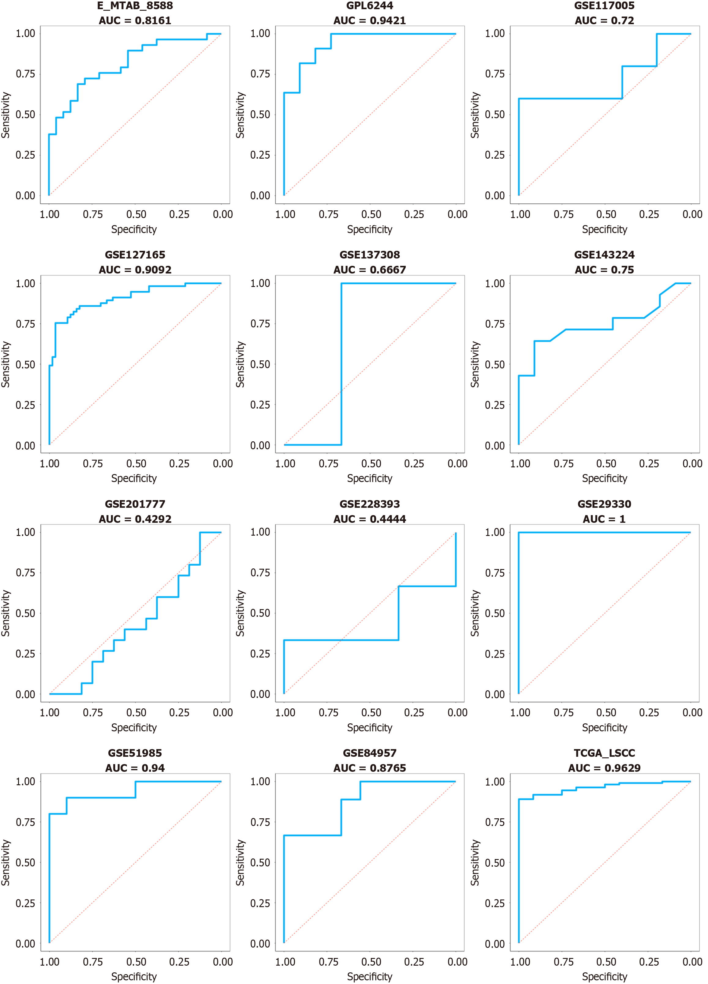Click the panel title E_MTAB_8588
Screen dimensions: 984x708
pos(135,6)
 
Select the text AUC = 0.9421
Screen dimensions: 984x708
pos(369,21)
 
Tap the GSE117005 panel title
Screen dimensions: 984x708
pos(604,6)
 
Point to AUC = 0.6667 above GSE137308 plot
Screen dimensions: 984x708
pos(369,270)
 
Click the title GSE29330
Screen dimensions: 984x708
pos(604,504)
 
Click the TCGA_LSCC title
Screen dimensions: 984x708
pos(604,753)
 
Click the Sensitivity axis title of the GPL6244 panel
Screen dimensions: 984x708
pos(240,115)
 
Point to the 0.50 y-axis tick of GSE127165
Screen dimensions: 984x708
pos(25,364)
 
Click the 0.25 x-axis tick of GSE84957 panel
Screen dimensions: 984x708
pos(414,962)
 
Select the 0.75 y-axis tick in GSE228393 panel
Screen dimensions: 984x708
pos(260,573)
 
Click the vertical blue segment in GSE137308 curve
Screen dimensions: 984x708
pos(341,364)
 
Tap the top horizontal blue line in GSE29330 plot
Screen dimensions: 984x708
pos(604,532)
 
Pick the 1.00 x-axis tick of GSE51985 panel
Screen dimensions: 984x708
pos(50,962)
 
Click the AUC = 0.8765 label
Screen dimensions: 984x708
pos(369,768)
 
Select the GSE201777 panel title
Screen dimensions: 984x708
pos(135,504)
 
